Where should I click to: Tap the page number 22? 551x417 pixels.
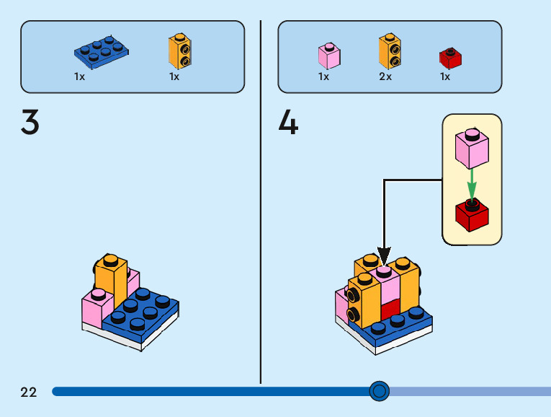pos(29,392)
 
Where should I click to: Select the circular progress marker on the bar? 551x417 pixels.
pos(379,391)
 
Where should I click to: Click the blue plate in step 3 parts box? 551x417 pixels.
pos(102,50)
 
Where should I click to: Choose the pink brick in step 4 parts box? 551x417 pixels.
pos(328,56)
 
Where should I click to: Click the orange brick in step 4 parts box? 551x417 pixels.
pos(389,51)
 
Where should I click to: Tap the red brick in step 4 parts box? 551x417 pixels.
pos(450,58)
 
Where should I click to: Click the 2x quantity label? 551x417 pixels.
pos(385,76)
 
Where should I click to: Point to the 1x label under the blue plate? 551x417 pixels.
pos(79,76)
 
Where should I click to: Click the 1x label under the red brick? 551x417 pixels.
pos(445,76)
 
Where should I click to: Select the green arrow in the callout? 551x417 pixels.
pos(472,184)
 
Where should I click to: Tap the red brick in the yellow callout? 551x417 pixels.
pos(472,215)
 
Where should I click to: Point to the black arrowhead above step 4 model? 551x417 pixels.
pos(384,256)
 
